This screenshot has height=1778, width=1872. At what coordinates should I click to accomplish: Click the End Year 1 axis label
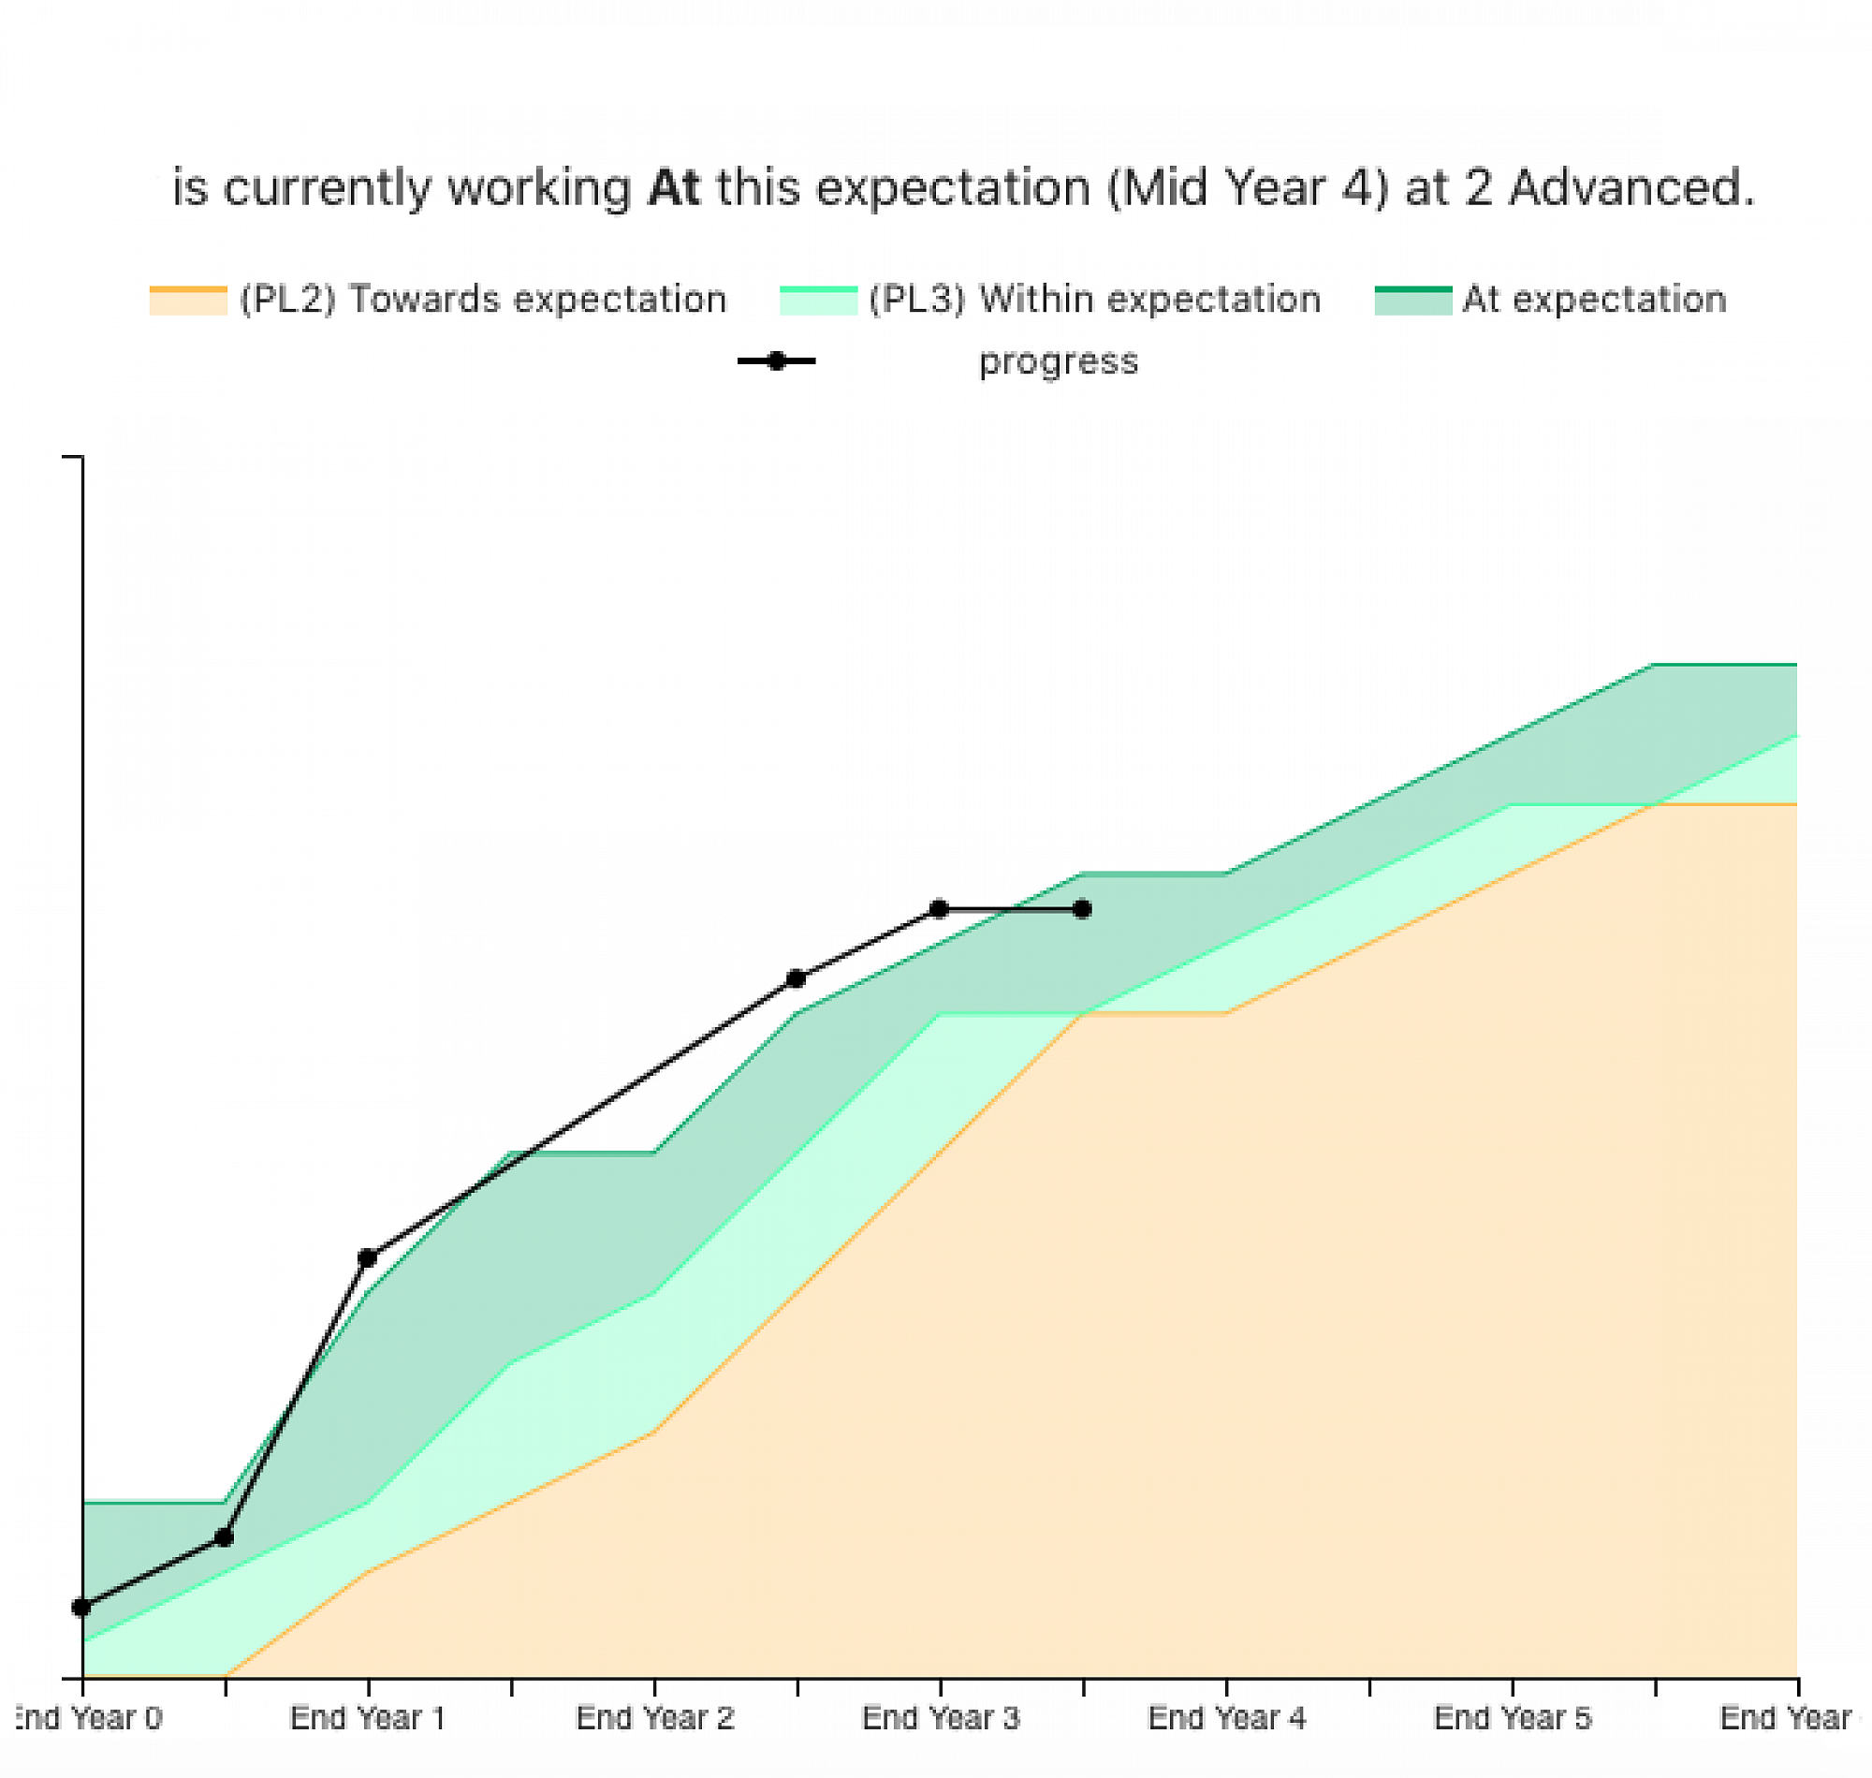coord(368,1717)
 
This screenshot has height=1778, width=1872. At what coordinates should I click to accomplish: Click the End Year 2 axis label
coord(654,1717)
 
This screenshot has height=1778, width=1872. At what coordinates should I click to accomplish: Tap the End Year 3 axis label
coord(941,1717)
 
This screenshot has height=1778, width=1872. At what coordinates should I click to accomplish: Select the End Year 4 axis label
coord(1227,1717)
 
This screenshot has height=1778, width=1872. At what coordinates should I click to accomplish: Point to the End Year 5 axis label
coord(1513,1717)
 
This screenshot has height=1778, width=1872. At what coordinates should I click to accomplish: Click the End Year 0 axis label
coord(90,1717)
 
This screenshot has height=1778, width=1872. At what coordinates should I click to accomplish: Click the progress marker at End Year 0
coord(81,1607)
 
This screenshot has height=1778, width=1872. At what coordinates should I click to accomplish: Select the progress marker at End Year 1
coord(368,1258)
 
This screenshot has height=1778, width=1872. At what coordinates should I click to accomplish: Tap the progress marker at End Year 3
coord(939,909)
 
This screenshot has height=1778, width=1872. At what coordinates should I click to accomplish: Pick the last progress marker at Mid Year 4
coord(1082,909)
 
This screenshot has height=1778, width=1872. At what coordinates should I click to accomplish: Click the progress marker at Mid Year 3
coord(796,978)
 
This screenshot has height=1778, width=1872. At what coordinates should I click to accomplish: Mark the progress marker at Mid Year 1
coord(225,1537)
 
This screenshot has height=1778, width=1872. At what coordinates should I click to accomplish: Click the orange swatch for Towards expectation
coord(187,300)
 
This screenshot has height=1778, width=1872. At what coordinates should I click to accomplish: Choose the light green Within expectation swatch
coord(817,300)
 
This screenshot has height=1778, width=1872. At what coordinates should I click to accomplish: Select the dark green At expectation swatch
coord(1412,300)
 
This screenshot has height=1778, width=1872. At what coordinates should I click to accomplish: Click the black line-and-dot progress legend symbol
coord(776,361)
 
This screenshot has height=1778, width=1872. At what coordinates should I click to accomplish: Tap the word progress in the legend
coord(1059,361)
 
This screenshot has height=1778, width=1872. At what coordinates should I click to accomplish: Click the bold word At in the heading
coord(674,187)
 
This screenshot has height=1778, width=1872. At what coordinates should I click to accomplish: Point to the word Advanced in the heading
coord(1631,187)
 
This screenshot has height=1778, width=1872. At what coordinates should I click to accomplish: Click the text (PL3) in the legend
coord(916,300)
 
